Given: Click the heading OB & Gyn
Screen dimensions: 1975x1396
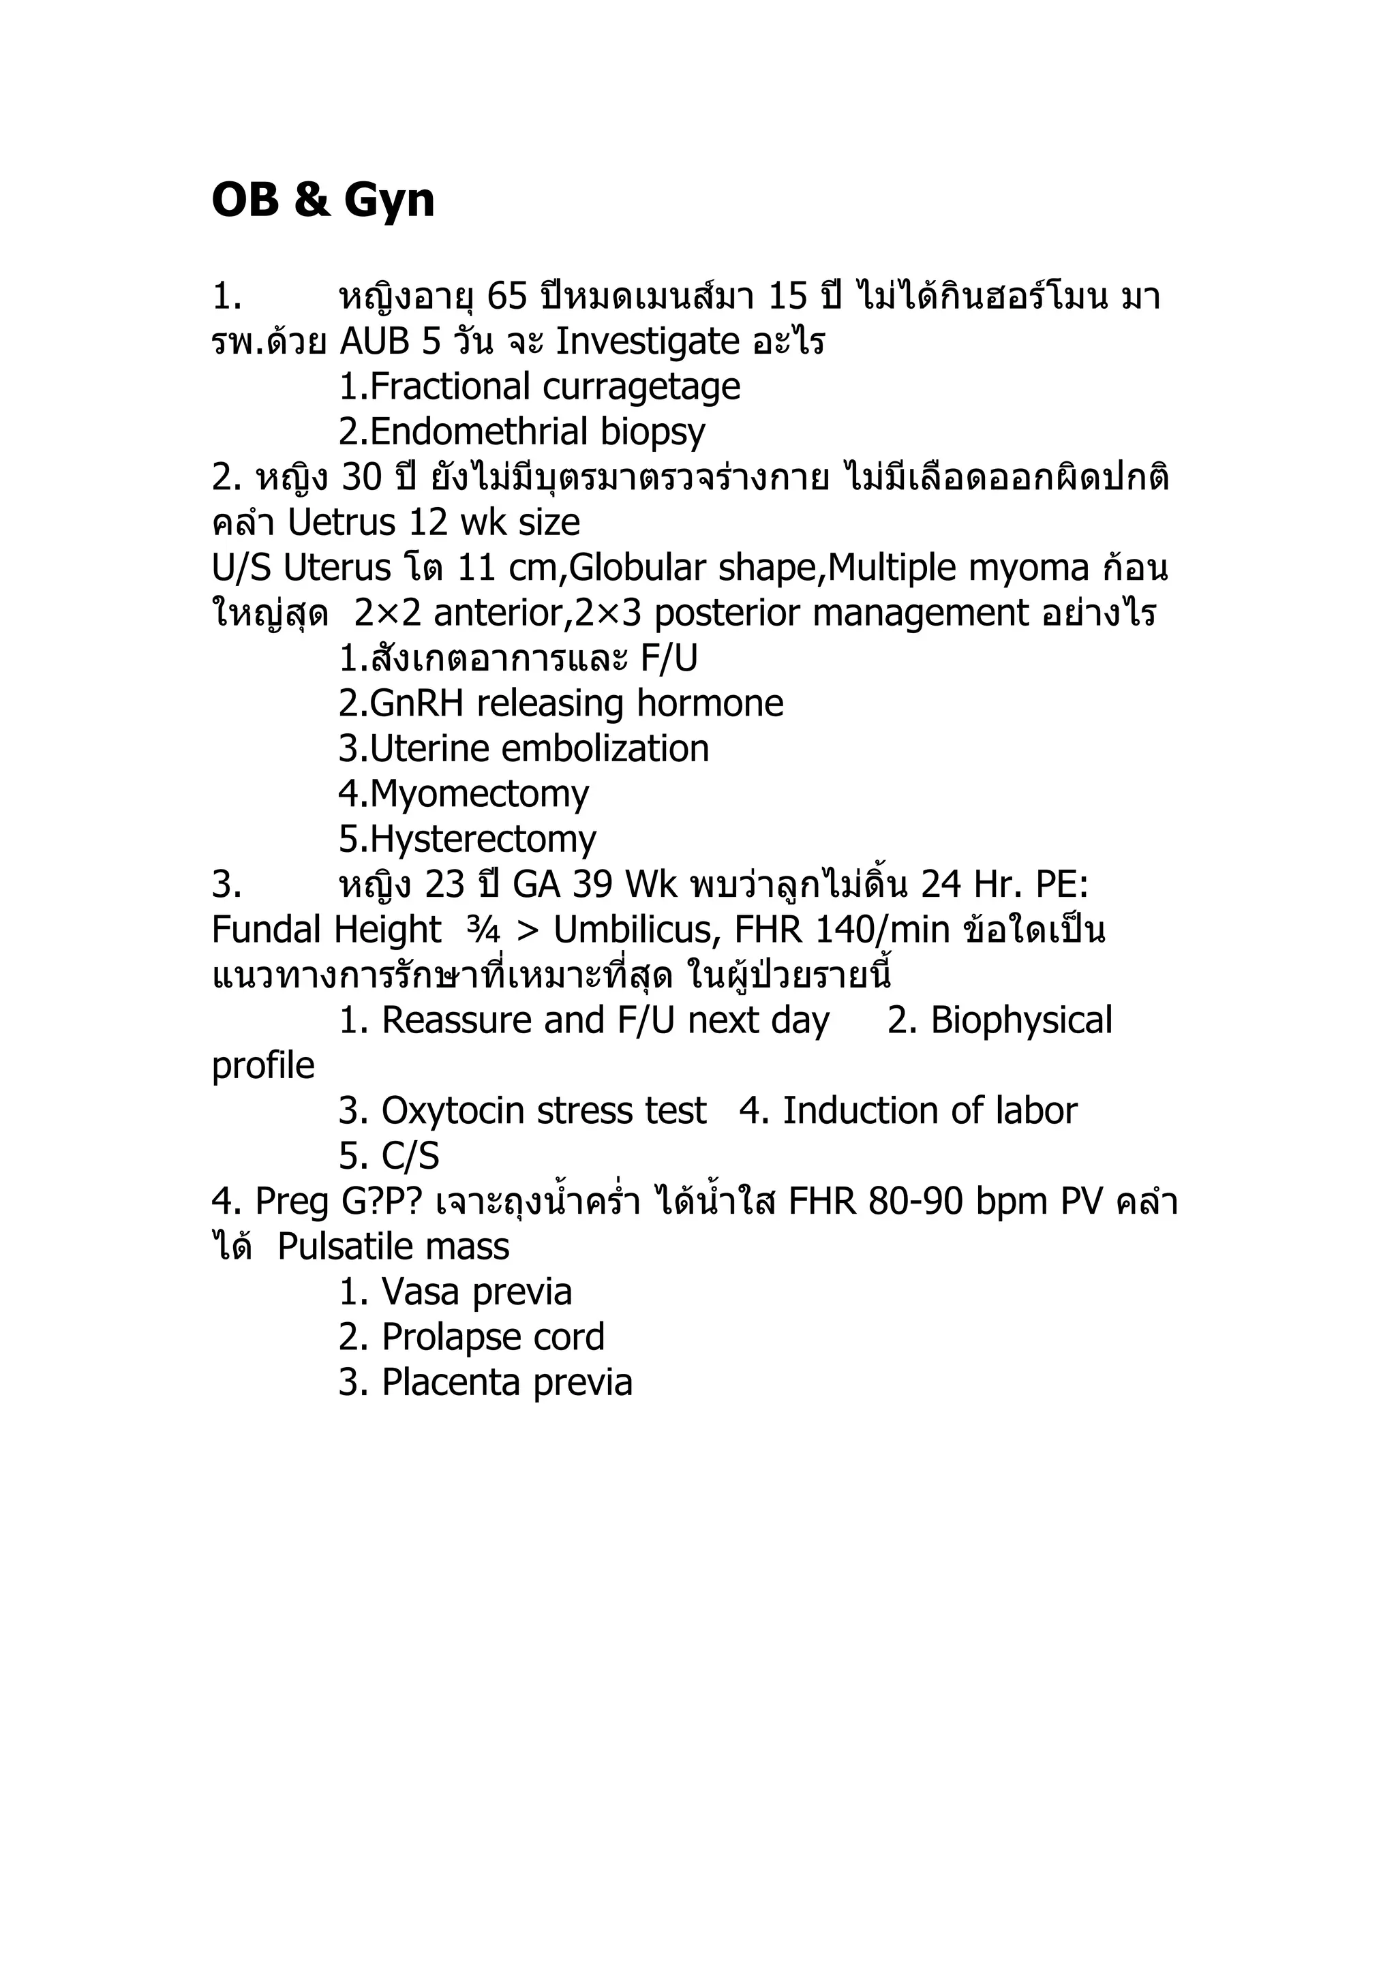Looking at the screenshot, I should pyautogui.click(x=322, y=200).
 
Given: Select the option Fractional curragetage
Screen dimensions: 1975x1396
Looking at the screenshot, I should pyautogui.click(x=539, y=387).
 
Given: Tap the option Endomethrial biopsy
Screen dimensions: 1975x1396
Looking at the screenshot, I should pyautogui.click(x=522, y=432).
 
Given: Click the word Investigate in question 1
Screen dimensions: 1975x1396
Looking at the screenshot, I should pyautogui.click(x=647, y=342).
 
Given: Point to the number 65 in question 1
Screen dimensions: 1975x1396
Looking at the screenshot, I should pyautogui.click(x=506, y=296).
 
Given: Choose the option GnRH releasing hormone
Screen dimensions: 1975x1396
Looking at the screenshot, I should pyautogui.click(x=561, y=703).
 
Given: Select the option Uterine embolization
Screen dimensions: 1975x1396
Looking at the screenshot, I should pyautogui.click(x=523, y=749).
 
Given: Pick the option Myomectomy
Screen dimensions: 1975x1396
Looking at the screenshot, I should pyautogui.click(x=464, y=794).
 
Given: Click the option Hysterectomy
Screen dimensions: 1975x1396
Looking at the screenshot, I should pyautogui.click(x=467, y=840).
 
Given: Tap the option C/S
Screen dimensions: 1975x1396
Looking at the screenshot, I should pyautogui.click(x=389, y=1156).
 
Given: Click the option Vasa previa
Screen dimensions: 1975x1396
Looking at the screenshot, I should pyautogui.click(x=455, y=1292).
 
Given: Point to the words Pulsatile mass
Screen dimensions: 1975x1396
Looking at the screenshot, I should pyautogui.click(x=393, y=1247).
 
